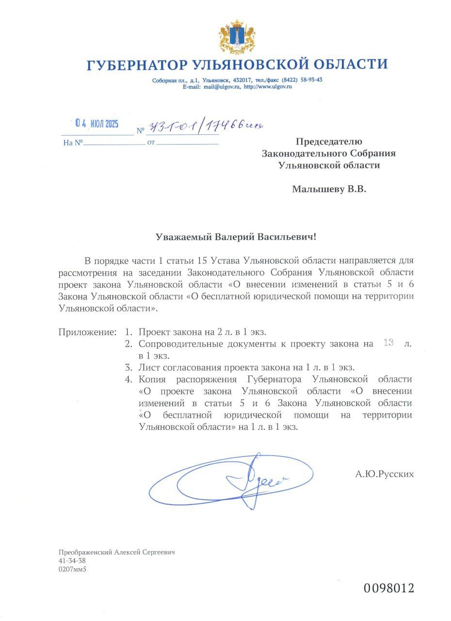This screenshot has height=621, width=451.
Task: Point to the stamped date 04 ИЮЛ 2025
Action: tap(97, 124)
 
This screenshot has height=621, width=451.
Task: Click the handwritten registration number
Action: tap(206, 127)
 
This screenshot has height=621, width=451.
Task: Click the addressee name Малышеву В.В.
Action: tap(329, 189)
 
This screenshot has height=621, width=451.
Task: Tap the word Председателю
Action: tap(329, 142)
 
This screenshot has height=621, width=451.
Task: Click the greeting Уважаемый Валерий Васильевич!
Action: tap(236, 237)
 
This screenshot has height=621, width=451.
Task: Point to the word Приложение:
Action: tap(87, 332)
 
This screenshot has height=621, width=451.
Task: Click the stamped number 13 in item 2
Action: tap(388, 343)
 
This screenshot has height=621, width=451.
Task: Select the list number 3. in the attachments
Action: tap(129, 367)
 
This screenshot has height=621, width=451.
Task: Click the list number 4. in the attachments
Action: tap(129, 379)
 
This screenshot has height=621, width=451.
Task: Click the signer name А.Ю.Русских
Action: tap(385, 474)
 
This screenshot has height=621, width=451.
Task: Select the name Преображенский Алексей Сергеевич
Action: tap(116, 552)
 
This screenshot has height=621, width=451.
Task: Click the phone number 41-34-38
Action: tap(72, 561)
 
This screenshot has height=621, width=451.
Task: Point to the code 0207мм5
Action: tap(72, 569)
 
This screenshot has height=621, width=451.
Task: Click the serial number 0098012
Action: tap(389, 588)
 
